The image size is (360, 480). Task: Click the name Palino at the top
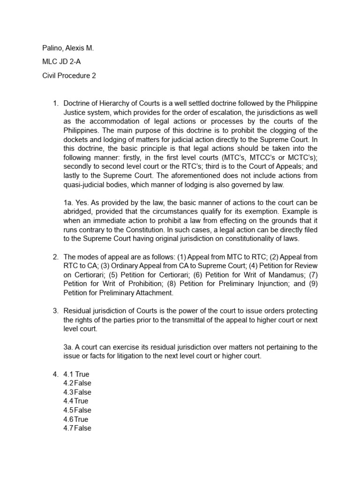(52, 48)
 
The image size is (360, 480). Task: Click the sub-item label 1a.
(68, 202)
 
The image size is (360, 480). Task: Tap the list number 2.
(55, 257)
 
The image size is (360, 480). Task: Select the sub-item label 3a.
(68, 347)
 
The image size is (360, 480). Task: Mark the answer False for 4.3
(83, 392)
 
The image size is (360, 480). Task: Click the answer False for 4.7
(83, 428)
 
